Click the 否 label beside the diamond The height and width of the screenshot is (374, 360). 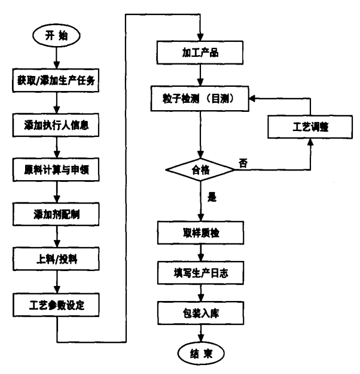[242, 163]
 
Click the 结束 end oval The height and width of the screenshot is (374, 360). [202, 353]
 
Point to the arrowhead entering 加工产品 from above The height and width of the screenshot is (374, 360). [202, 37]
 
